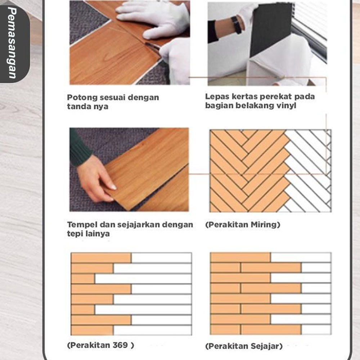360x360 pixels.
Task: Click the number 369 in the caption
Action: tap(120, 345)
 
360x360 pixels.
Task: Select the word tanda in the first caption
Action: tap(78, 107)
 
